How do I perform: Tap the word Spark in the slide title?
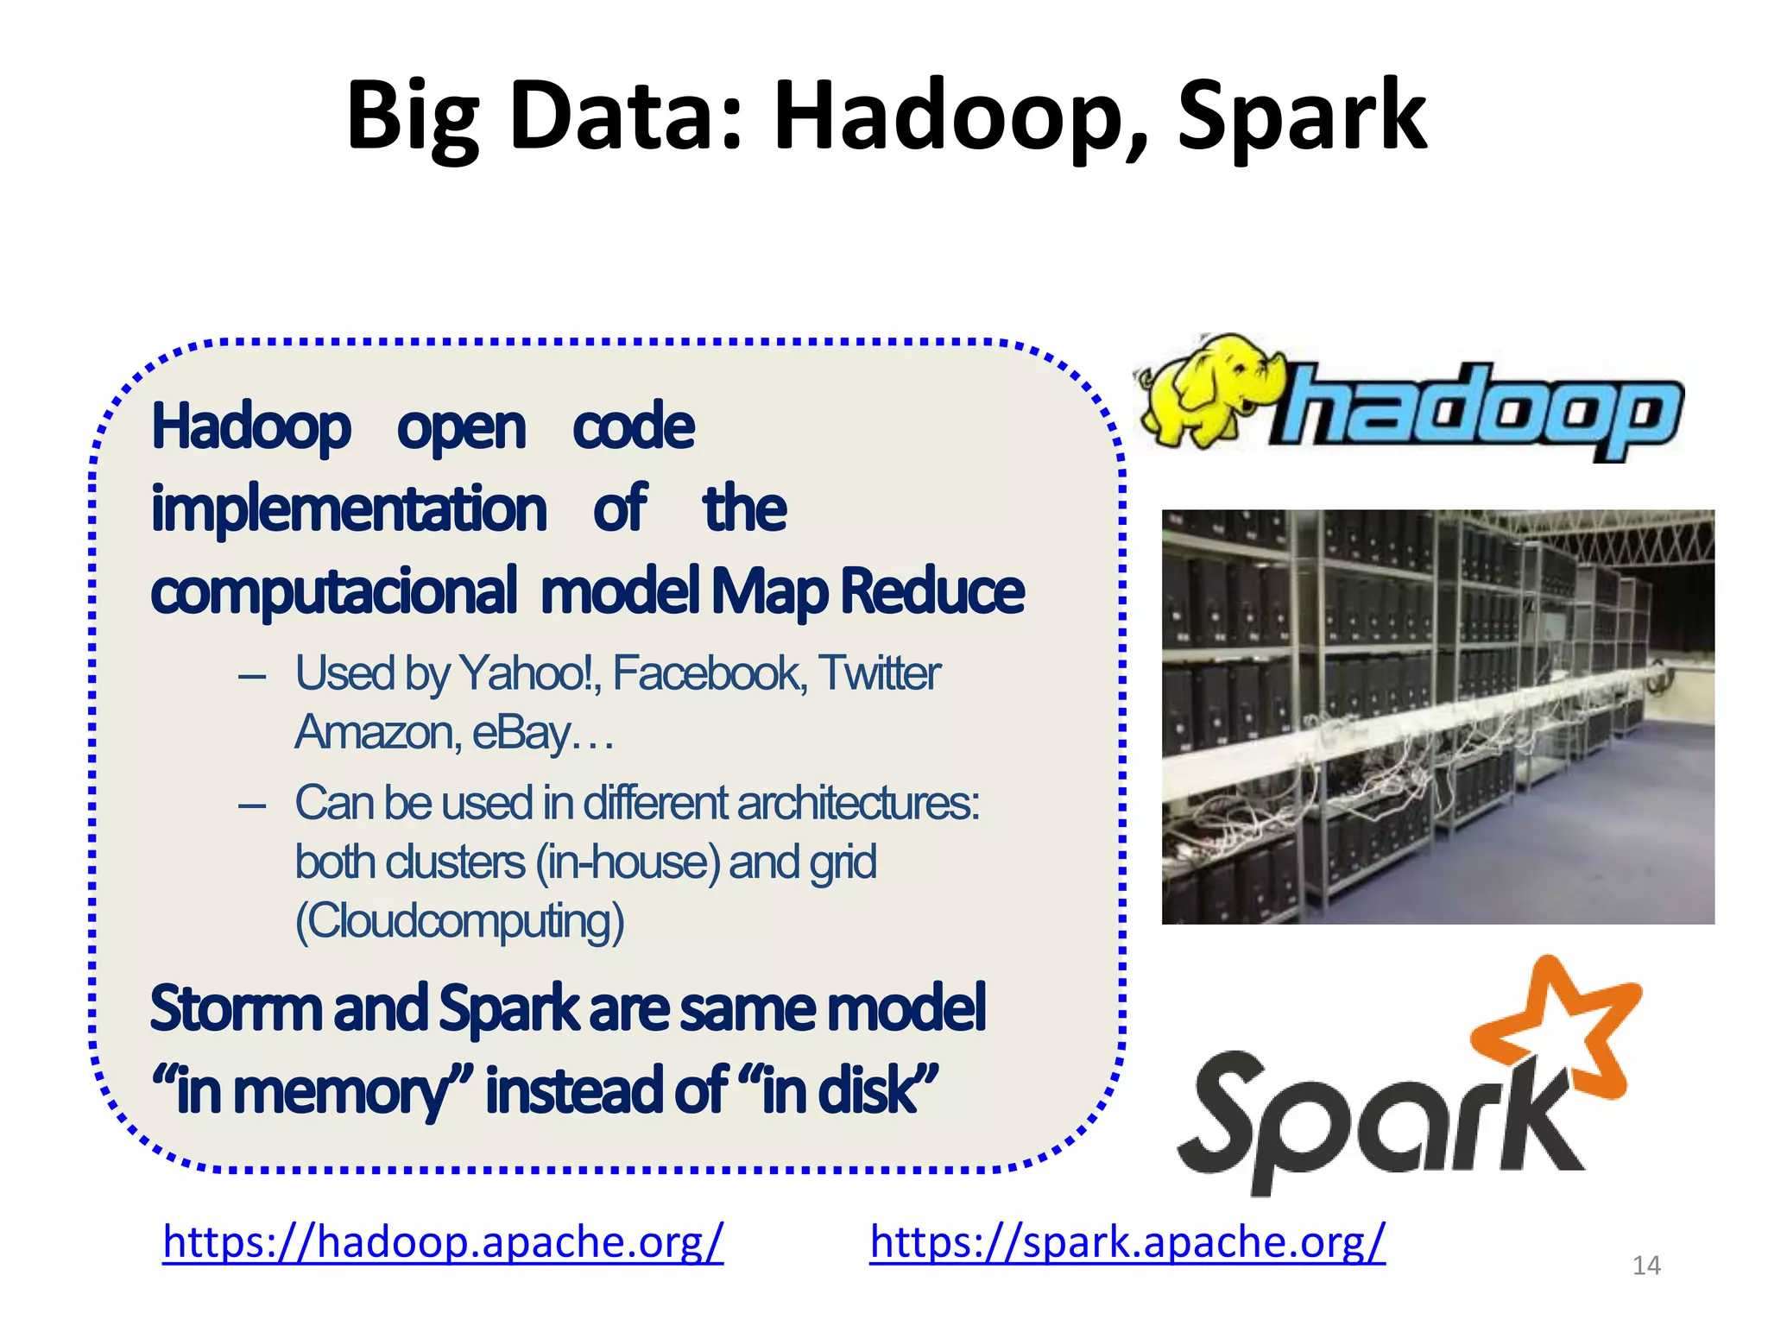tap(1302, 117)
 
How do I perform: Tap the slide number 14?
tap(1646, 1266)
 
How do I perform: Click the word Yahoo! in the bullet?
tap(528, 673)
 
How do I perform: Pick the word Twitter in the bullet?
tap(879, 673)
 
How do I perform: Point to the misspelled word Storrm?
tap(236, 1007)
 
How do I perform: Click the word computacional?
tap(333, 591)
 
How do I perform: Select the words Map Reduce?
tap(868, 591)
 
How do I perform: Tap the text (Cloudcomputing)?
tap(459, 921)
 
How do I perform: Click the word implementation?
tap(349, 508)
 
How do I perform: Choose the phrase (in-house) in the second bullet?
tap(628, 862)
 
